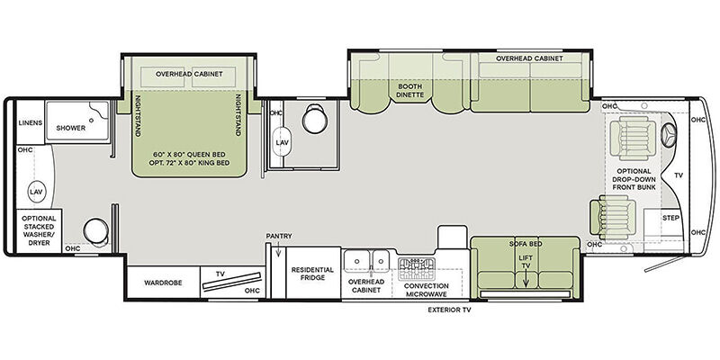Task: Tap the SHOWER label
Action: (x=71, y=128)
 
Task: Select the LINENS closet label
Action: (x=31, y=123)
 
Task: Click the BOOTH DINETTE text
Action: (x=410, y=91)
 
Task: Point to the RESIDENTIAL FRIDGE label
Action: (x=312, y=274)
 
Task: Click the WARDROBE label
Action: (x=163, y=283)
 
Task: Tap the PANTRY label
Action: (x=279, y=236)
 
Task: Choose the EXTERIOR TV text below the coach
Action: (x=449, y=310)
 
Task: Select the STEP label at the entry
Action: (x=670, y=218)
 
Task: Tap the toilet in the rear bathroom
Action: (x=96, y=230)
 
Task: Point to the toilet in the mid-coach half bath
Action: (x=315, y=119)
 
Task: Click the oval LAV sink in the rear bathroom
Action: (x=36, y=192)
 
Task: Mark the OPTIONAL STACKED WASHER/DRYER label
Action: (x=39, y=230)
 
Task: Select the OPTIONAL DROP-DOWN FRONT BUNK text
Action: (x=634, y=179)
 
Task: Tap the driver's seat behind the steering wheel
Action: (x=634, y=138)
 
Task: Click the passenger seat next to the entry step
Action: (x=613, y=217)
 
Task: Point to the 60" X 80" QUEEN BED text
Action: (x=189, y=154)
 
